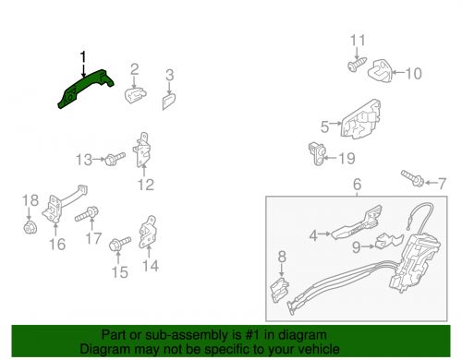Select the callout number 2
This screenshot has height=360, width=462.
click(x=135, y=69)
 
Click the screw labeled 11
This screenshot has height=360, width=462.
click(x=358, y=65)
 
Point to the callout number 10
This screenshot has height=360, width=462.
click(x=414, y=73)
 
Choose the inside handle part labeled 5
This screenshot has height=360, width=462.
click(x=360, y=119)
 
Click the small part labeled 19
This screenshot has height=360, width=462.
click(x=316, y=153)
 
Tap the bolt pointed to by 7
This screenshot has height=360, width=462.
click(x=413, y=178)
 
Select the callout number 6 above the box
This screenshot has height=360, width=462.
click(x=357, y=185)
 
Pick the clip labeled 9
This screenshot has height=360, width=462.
click(x=389, y=241)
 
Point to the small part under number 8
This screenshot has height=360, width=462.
click(x=279, y=290)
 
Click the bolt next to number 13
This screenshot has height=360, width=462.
click(x=115, y=159)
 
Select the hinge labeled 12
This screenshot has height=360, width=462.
click(x=141, y=150)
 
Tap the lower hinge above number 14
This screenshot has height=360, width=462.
click(x=147, y=232)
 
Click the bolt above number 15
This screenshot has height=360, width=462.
click(x=119, y=244)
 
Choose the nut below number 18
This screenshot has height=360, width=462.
click(x=30, y=228)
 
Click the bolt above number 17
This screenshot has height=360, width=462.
click(x=87, y=214)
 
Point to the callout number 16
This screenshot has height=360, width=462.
click(x=57, y=245)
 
